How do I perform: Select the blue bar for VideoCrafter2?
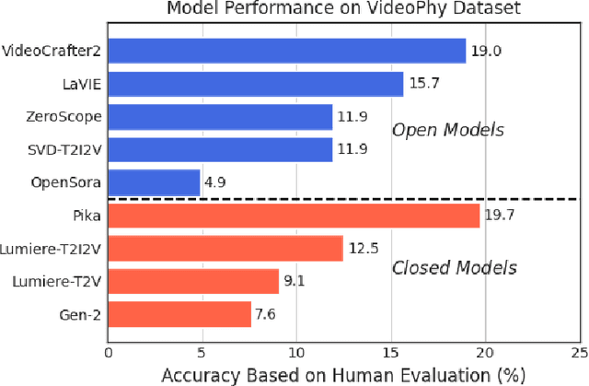click(x=286, y=51)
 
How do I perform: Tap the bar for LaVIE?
click(x=255, y=85)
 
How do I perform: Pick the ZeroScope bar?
click(x=220, y=117)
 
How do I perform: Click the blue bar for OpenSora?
click(x=154, y=182)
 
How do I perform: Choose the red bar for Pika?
click(x=294, y=216)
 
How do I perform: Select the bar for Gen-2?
click(x=179, y=313)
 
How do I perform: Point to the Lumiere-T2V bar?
click(x=193, y=281)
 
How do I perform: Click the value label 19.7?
click(x=499, y=216)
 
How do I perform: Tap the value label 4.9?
click(x=215, y=183)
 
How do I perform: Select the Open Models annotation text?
click(x=447, y=130)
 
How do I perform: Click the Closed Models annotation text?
click(x=454, y=268)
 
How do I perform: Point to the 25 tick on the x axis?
click(x=578, y=351)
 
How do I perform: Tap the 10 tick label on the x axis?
click(x=296, y=351)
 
